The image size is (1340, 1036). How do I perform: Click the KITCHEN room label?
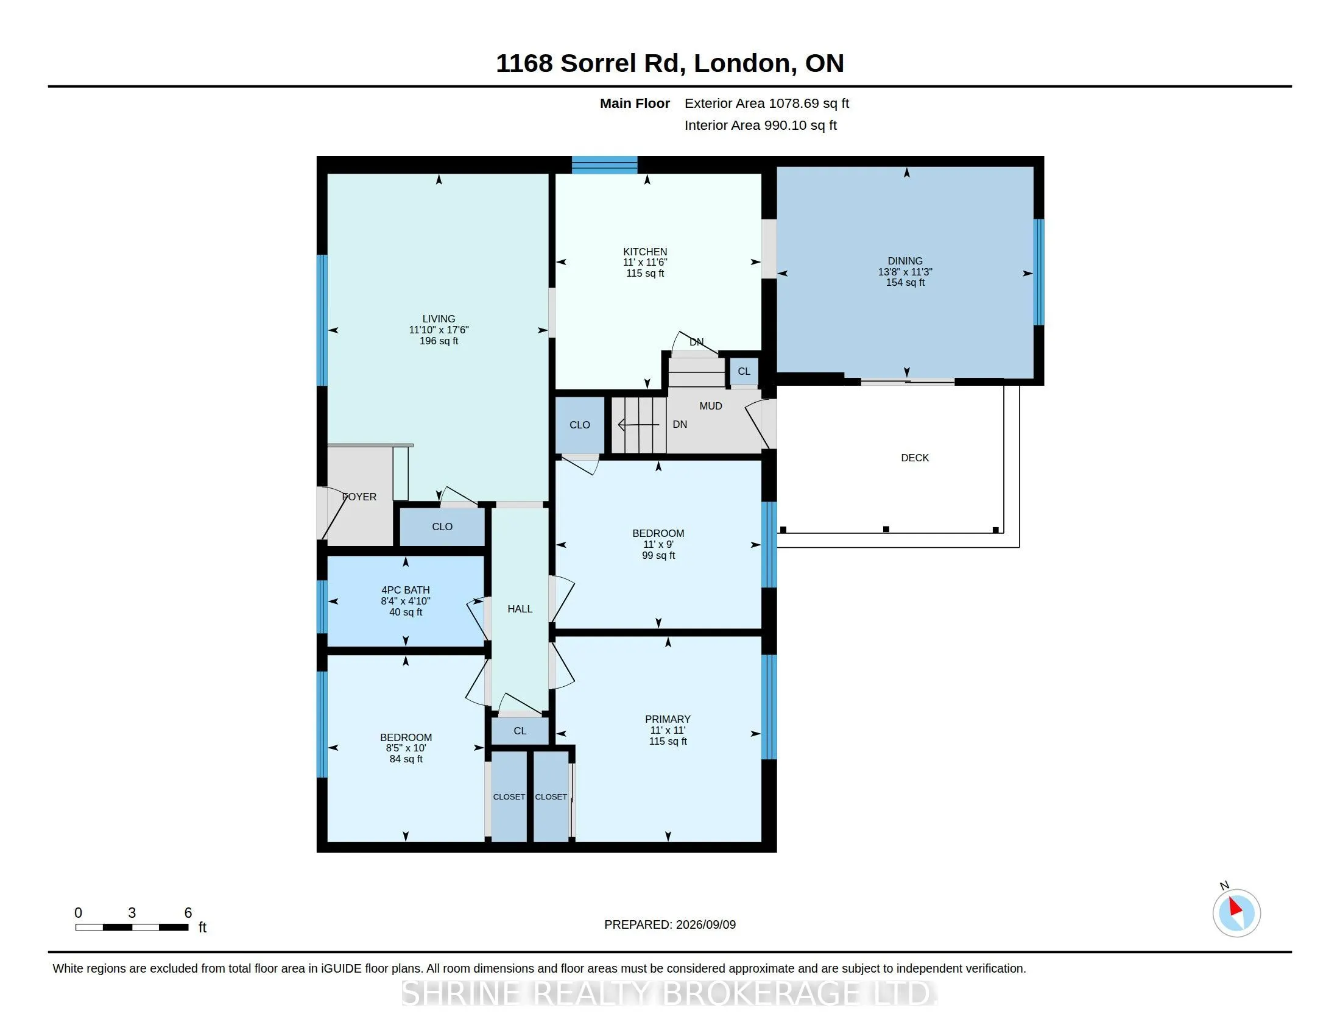tap(645, 252)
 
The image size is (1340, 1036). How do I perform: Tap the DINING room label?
tap(905, 261)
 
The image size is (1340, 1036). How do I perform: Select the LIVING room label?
tap(439, 319)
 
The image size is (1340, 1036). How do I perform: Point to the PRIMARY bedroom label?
tap(668, 719)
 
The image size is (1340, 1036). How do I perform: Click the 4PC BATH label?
tap(406, 591)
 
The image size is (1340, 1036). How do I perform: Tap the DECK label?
tap(915, 458)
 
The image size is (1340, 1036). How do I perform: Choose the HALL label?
tap(520, 609)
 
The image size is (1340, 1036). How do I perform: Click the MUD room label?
tap(710, 406)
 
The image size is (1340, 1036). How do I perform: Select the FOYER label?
tap(359, 497)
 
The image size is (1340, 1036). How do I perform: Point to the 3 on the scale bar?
tap(132, 913)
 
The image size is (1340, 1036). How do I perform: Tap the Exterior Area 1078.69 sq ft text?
tap(767, 103)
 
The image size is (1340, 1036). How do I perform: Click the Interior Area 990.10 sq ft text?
tap(761, 125)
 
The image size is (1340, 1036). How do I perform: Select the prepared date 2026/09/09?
tap(705, 924)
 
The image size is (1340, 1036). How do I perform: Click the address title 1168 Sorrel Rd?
tap(587, 63)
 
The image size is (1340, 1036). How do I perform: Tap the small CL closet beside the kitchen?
tap(744, 371)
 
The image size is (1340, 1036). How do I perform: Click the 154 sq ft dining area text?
tap(905, 283)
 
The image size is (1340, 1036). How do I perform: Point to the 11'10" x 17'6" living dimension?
tap(439, 330)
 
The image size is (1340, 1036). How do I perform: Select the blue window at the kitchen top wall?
tap(604, 165)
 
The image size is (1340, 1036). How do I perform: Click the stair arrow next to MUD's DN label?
tap(638, 425)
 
